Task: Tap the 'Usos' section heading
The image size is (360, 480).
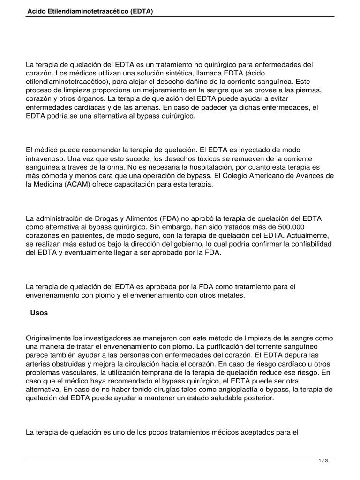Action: pyautogui.click(x=38, y=313)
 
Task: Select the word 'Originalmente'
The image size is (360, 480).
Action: pyautogui.click(x=48, y=338)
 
